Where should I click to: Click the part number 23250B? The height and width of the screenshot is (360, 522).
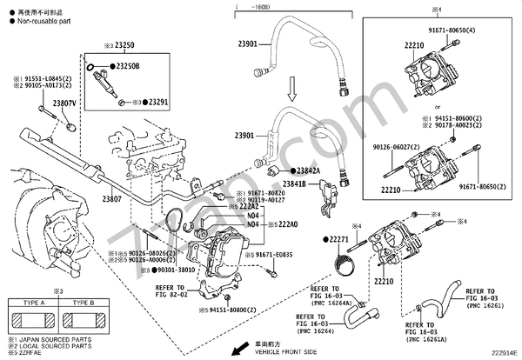127,66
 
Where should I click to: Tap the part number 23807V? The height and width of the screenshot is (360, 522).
65,103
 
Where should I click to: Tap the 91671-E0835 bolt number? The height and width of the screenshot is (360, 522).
280,255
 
